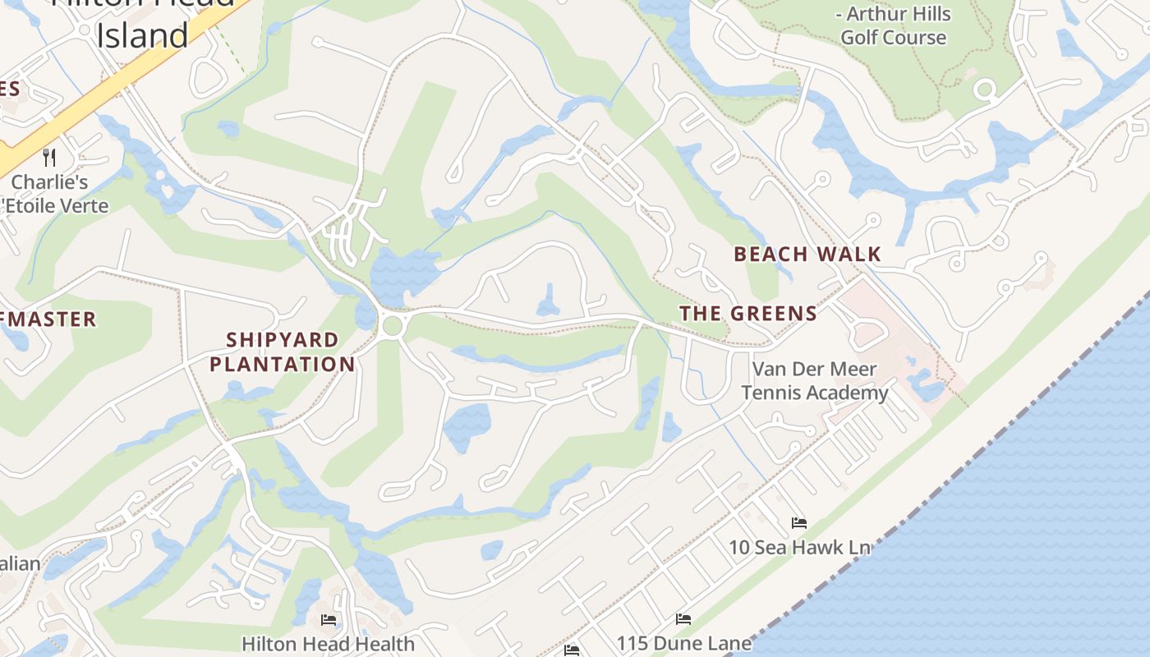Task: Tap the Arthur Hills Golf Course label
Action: pos(893,25)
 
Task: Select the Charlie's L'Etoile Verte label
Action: pos(56,194)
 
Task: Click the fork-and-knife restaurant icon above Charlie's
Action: pos(49,157)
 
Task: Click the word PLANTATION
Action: pos(283,364)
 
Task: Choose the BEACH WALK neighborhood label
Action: pos(807,255)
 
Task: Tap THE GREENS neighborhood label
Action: pos(748,314)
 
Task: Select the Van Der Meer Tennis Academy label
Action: pos(815,381)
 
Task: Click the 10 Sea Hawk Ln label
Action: pos(799,547)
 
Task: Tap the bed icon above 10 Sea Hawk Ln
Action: pos(798,523)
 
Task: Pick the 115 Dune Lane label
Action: pos(684,643)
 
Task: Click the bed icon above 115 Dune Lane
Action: pos(683,619)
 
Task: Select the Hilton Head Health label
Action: pos(329,643)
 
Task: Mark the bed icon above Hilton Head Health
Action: pos(329,619)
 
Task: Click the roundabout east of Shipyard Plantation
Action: pos(393,325)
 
